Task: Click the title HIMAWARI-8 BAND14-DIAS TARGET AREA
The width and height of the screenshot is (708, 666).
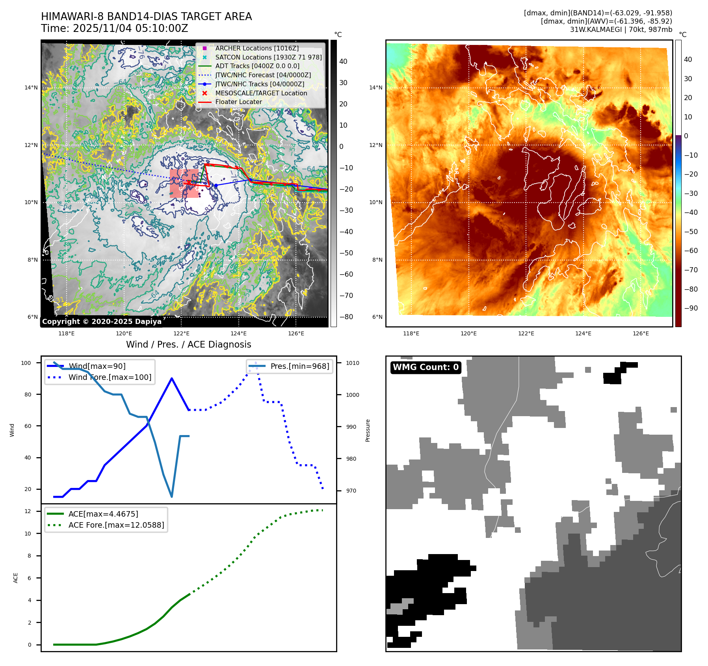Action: (146, 17)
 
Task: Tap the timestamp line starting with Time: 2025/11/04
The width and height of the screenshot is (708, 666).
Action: (114, 29)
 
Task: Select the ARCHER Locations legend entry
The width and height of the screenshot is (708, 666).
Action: (256, 48)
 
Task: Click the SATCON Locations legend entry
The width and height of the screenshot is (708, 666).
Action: (268, 57)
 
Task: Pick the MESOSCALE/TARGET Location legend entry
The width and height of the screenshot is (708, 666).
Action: (261, 93)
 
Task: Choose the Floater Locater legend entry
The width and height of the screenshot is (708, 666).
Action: (238, 102)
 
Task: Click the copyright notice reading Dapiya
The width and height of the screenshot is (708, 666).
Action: (102, 322)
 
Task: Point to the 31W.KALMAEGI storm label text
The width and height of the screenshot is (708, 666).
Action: (621, 30)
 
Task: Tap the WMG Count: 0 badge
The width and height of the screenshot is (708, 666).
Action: (426, 367)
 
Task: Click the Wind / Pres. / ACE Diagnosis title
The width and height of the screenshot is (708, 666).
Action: (188, 344)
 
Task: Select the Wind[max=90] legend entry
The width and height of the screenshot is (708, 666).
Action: (97, 366)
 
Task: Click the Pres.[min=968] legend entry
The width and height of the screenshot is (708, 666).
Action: (299, 366)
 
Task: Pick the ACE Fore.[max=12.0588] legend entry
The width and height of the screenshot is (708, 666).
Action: (116, 525)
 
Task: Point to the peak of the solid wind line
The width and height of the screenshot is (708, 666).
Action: (172, 378)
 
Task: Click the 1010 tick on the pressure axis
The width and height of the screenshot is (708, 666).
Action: (353, 363)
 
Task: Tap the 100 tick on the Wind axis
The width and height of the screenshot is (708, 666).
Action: (26, 363)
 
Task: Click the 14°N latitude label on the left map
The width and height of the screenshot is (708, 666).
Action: (31, 87)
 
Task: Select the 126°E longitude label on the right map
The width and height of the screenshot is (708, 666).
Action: (641, 333)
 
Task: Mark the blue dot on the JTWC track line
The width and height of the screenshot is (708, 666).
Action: (216, 186)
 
